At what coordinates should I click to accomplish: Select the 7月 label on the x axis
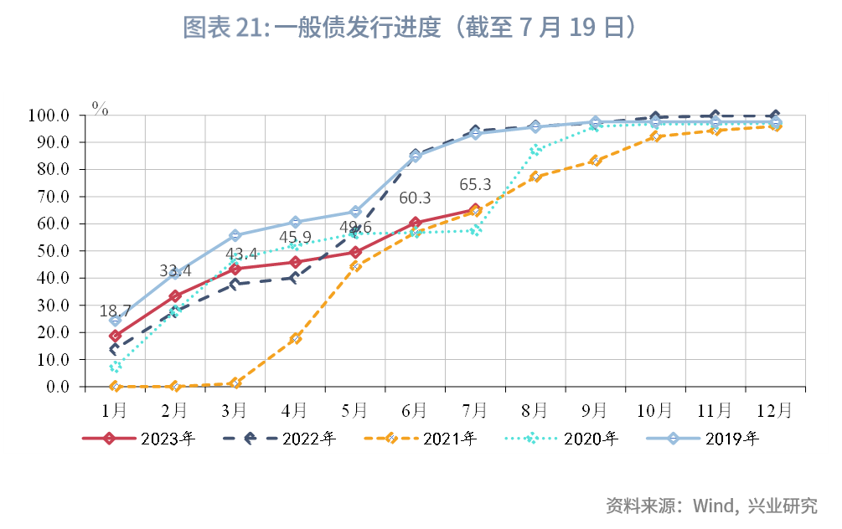(x=474, y=409)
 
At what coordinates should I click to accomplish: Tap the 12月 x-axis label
(x=774, y=409)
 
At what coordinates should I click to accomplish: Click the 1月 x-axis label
(x=115, y=409)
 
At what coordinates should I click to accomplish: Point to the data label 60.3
(x=415, y=198)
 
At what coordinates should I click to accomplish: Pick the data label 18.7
(x=116, y=311)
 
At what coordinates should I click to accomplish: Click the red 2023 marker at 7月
(x=475, y=210)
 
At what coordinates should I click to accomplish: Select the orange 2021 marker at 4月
(x=295, y=338)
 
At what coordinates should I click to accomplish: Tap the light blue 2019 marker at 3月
(x=235, y=235)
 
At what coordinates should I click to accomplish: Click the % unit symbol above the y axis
(x=101, y=108)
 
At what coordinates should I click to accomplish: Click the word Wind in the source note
(x=710, y=506)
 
